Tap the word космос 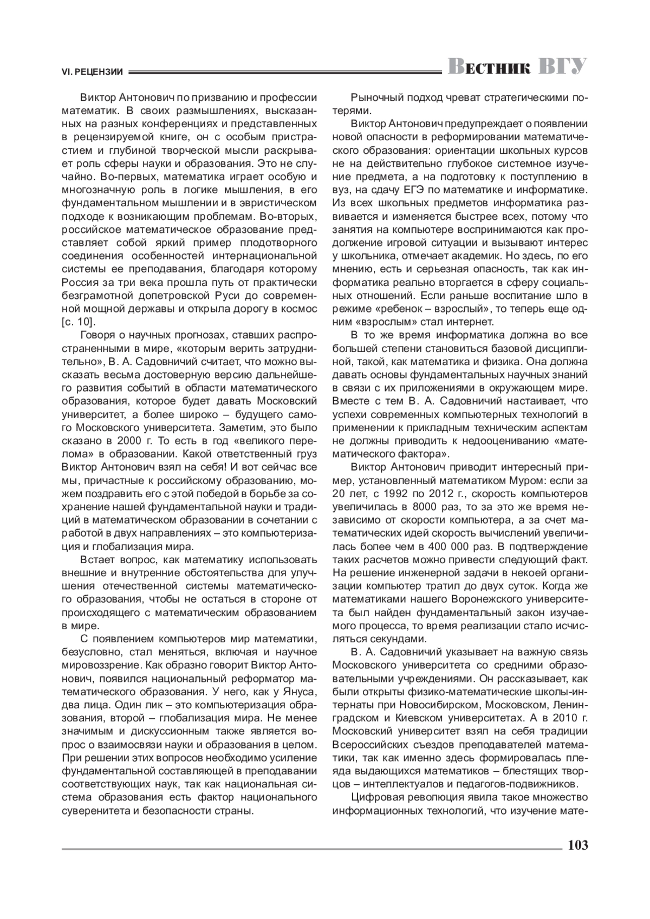click(x=299, y=309)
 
